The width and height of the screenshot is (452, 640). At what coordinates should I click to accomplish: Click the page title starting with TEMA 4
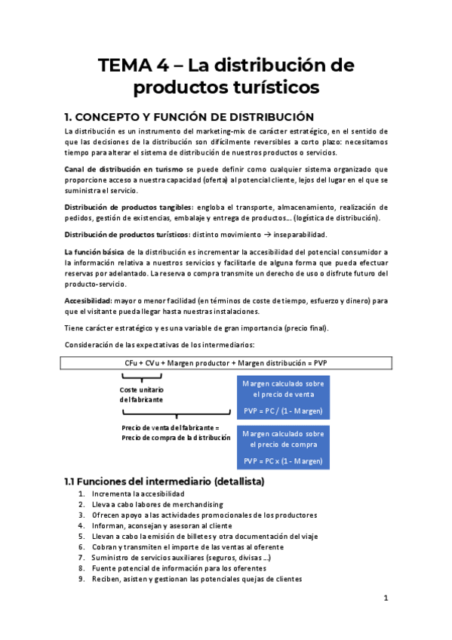(x=226, y=75)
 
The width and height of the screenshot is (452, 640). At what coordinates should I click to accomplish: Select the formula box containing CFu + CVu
(x=226, y=362)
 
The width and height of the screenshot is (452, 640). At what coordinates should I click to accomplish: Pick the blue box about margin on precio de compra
(x=283, y=447)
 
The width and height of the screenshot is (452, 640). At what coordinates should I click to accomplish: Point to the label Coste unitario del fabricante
(x=141, y=394)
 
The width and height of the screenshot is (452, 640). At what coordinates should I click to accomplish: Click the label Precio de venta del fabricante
(x=175, y=432)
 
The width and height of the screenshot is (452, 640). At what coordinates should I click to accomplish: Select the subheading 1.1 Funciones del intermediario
(x=164, y=481)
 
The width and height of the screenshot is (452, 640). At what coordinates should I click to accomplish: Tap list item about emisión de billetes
(x=196, y=536)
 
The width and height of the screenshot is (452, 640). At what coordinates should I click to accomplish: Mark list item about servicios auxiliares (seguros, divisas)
(x=181, y=557)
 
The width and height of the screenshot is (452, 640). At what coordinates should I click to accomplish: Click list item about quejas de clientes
(x=196, y=579)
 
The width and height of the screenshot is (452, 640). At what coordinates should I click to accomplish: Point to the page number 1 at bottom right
(x=386, y=598)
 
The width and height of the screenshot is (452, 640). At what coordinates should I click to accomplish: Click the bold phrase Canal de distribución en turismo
(x=125, y=170)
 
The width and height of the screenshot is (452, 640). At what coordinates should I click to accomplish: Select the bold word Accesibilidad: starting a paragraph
(x=89, y=300)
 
